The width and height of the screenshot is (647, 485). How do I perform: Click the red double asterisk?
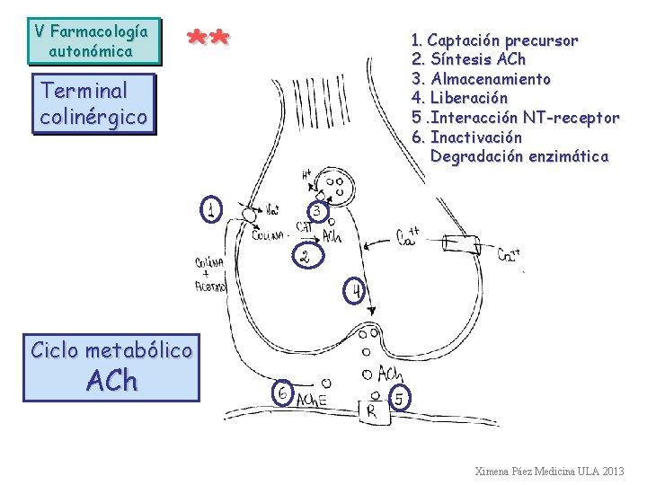pyautogui.click(x=208, y=39)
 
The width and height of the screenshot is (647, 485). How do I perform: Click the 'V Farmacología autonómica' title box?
pyautogui.click(x=91, y=41)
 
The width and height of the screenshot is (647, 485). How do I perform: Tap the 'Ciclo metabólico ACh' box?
pyautogui.click(x=111, y=366)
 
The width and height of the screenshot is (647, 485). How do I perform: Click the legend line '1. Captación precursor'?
pyautogui.click(x=494, y=40)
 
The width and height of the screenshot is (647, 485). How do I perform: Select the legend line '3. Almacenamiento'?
pyautogui.click(x=481, y=79)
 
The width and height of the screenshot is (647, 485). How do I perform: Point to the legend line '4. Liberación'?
pyautogui.click(x=459, y=98)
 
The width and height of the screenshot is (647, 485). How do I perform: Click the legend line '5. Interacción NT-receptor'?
pyautogui.click(x=515, y=118)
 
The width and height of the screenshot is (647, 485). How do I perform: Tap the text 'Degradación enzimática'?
pyautogui.click(x=518, y=156)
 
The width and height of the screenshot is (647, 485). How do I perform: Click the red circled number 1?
pyautogui.click(x=210, y=210)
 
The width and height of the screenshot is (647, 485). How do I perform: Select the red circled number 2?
pyautogui.click(x=306, y=257)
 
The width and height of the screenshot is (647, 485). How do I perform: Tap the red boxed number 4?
pyautogui.click(x=357, y=291)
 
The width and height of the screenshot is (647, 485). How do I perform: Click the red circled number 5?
pyautogui.click(x=399, y=395)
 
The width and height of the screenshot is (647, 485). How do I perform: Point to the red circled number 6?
pyautogui.click(x=282, y=393)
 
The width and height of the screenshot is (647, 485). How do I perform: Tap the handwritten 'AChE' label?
pyautogui.click(x=311, y=400)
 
